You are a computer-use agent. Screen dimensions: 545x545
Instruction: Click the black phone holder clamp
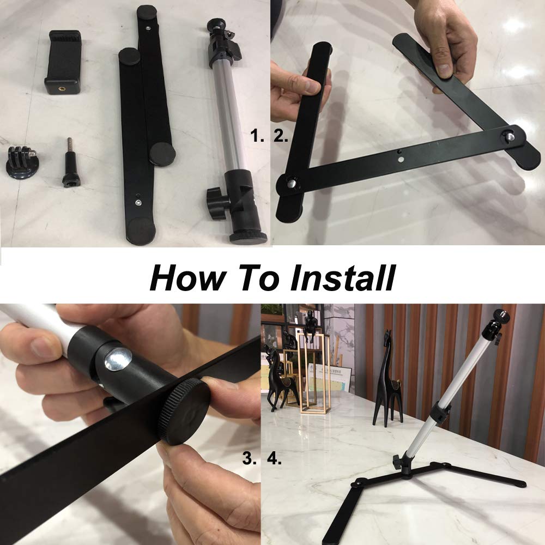63,62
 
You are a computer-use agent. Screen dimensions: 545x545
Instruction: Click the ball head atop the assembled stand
500,317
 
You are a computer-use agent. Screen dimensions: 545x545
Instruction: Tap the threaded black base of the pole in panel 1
248,237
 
